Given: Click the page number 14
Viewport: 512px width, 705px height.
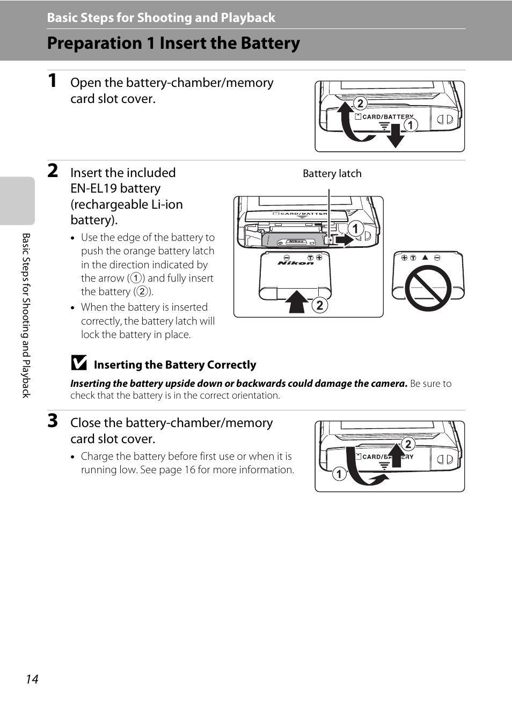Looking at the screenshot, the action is pos(32,679).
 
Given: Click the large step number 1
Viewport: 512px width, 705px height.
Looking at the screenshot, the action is pos(53,80).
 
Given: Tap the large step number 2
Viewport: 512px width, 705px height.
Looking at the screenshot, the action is pos(53,171).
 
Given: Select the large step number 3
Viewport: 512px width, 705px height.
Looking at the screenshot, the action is pos(53,421).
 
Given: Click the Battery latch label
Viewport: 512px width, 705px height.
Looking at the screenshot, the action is pos(332,173).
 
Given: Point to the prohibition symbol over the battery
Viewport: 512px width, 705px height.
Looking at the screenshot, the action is pos(428,288).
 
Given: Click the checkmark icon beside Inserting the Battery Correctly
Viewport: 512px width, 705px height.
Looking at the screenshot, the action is pos(79,363).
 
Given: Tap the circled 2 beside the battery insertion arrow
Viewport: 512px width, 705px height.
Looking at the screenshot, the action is pos(320,305).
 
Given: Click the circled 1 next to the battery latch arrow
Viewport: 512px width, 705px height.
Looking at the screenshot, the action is pos(355,229).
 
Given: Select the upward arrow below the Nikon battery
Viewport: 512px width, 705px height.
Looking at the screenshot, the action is pos(297,302).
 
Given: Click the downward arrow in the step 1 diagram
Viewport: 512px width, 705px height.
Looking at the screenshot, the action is pos(396,136).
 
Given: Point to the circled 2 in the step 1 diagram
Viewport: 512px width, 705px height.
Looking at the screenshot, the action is pos(360,103).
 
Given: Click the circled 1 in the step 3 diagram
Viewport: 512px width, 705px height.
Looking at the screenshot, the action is pos(339,474).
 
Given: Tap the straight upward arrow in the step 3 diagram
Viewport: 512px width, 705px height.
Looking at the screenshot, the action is pos(396,455).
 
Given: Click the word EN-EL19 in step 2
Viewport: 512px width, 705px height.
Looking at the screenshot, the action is pos(93,188).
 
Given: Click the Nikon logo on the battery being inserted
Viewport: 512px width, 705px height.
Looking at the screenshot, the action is pos(295,263).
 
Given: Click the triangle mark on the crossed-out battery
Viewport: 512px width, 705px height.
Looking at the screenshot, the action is pos(425,257).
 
